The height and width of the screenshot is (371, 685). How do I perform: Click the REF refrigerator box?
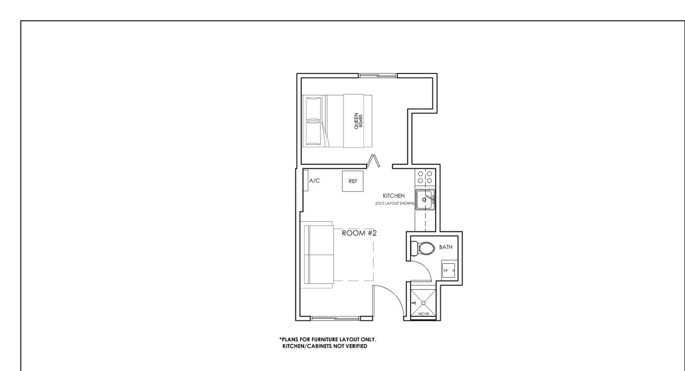(353, 181)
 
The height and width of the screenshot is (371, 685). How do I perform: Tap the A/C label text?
(314, 181)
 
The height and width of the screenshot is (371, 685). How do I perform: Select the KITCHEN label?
(394, 196)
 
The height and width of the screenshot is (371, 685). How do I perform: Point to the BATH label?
(446, 247)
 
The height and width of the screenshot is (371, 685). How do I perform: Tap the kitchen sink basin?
(424, 199)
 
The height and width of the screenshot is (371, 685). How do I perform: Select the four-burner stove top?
(425, 177)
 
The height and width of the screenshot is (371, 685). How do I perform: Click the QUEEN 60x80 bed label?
(358, 121)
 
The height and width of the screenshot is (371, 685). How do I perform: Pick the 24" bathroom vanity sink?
(448, 270)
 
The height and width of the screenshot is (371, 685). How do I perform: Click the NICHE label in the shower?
(423, 314)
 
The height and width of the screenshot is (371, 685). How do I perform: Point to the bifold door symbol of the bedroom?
(373, 161)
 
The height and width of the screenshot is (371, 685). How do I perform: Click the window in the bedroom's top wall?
(378, 76)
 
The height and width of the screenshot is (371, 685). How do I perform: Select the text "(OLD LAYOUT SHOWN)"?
(395, 203)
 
